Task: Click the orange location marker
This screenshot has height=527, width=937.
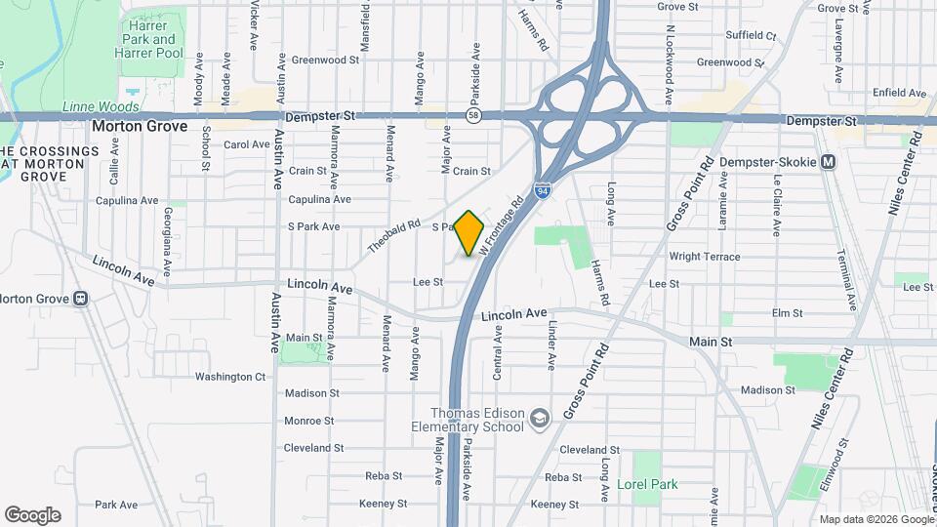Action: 469,233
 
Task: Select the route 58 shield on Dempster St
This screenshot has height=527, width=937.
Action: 473,116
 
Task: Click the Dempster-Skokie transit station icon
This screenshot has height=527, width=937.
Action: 828,161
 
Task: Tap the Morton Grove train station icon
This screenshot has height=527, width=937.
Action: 81,299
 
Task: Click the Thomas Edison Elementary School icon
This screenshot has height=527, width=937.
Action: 539,419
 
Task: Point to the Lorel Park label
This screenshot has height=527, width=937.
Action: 647,484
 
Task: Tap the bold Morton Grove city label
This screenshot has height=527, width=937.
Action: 140,126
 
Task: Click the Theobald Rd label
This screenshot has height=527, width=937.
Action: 392,235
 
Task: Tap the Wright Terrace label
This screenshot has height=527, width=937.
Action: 705,257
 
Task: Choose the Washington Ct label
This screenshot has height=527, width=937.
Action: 230,377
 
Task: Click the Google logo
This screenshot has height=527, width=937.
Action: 32,515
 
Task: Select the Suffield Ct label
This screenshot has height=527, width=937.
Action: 752,36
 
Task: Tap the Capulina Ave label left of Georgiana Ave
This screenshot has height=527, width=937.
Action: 127,201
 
